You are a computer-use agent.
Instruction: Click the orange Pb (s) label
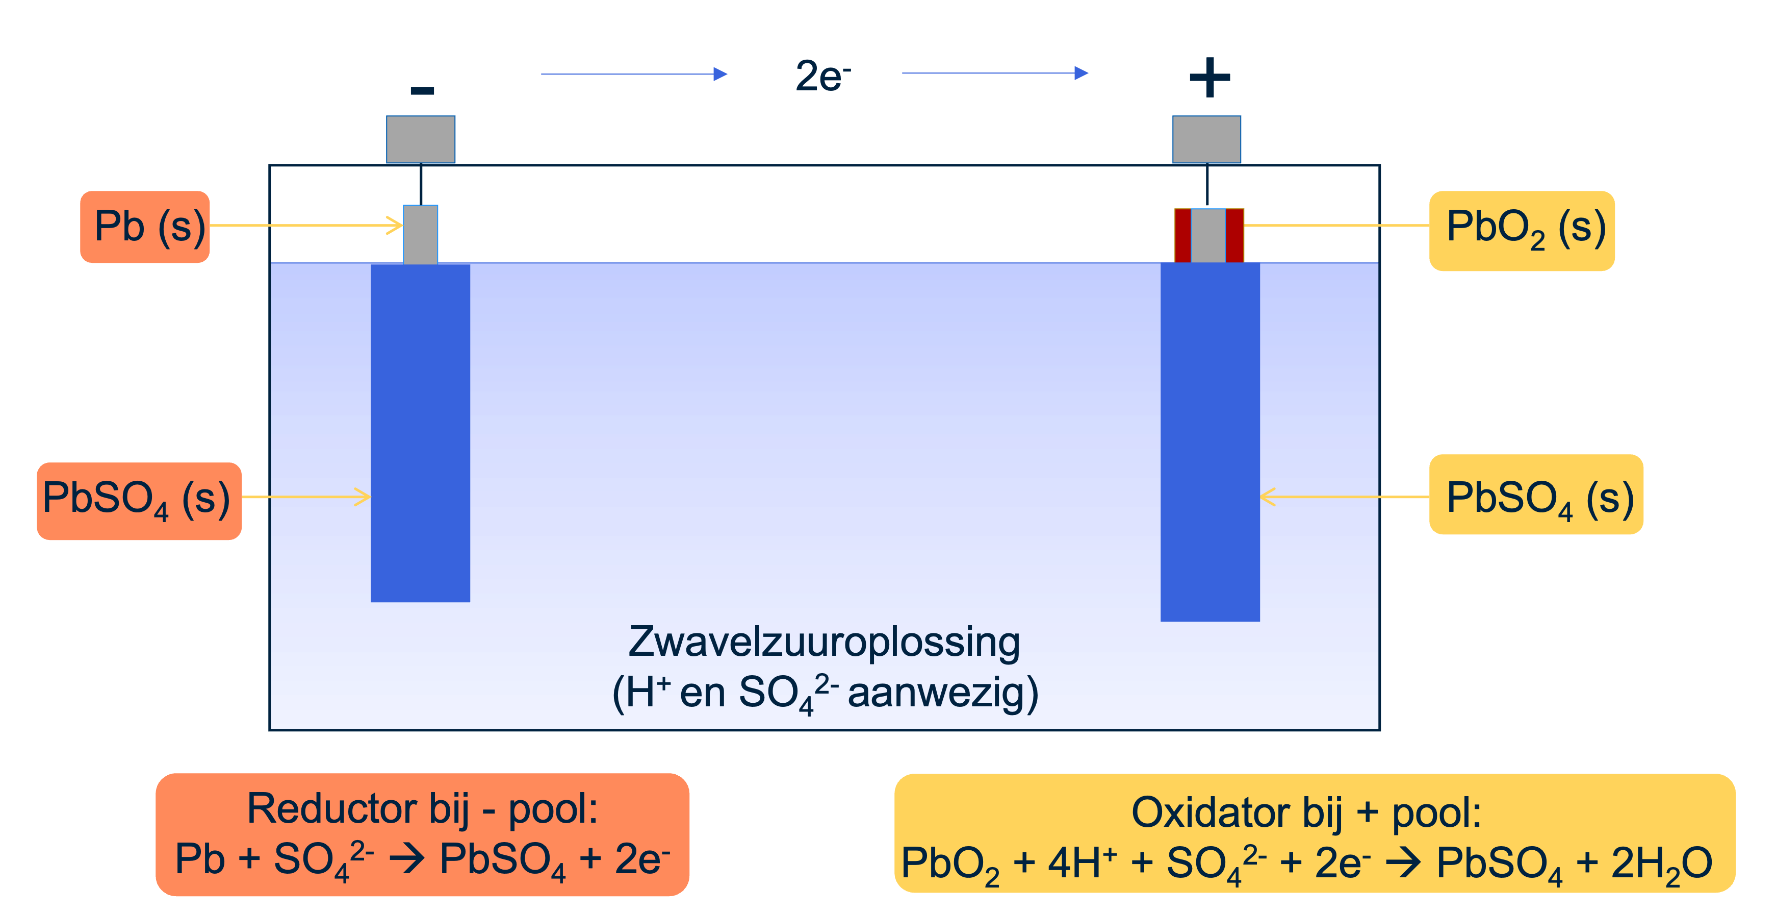[145, 227]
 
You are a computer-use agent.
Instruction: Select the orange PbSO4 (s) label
[139, 500]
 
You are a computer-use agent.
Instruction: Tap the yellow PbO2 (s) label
[1522, 230]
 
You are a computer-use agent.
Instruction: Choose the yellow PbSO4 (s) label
[1535, 495]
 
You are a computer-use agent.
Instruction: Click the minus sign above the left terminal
[422, 90]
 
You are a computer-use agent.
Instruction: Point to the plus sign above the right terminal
[1209, 77]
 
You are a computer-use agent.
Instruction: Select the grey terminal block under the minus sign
[421, 139]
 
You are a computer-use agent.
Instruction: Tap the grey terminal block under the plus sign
[1206, 139]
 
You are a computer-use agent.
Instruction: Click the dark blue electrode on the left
[421, 433]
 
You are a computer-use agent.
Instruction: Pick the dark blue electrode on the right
[1210, 441]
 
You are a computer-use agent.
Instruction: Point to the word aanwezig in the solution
[942, 693]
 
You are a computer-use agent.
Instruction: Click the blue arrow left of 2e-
[634, 74]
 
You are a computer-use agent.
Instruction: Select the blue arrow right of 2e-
[995, 73]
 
